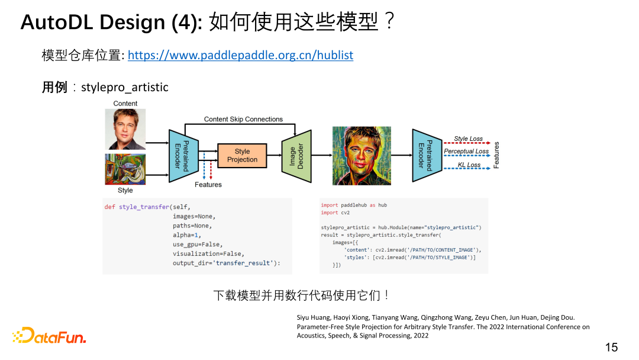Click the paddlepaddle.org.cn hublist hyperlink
point(240,55)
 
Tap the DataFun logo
point(49,336)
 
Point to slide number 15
point(611,347)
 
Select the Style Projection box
point(242,155)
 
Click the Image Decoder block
point(296,155)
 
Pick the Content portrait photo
point(125,129)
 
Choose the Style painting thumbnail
point(125,169)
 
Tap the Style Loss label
point(468,139)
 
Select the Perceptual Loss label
point(466,152)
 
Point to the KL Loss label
point(469,165)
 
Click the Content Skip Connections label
point(243,119)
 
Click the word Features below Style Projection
point(208,185)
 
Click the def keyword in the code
point(109,207)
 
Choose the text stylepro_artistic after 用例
point(125,88)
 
